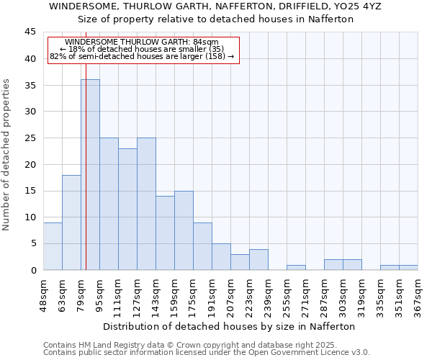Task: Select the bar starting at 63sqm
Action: pos(71,222)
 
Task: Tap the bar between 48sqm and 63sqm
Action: pos(53,246)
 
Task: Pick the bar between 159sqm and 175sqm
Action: pos(184,230)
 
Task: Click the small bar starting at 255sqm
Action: pos(296,267)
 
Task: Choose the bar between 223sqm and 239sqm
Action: pos(258,259)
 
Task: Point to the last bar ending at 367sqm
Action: pos(408,267)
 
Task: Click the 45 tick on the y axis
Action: pos(30,32)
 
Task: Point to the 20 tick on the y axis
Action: pos(30,164)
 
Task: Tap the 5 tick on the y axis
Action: pos(33,243)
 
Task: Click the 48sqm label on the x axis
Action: pos(44,294)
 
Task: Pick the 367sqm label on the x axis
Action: pos(418,294)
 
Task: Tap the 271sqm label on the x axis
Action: pos(306,294)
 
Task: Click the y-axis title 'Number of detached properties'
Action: pos(7,155)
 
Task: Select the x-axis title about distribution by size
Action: pos(230,326)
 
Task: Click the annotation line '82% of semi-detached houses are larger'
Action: pos(142,56)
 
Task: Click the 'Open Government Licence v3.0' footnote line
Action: pos(207,352)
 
